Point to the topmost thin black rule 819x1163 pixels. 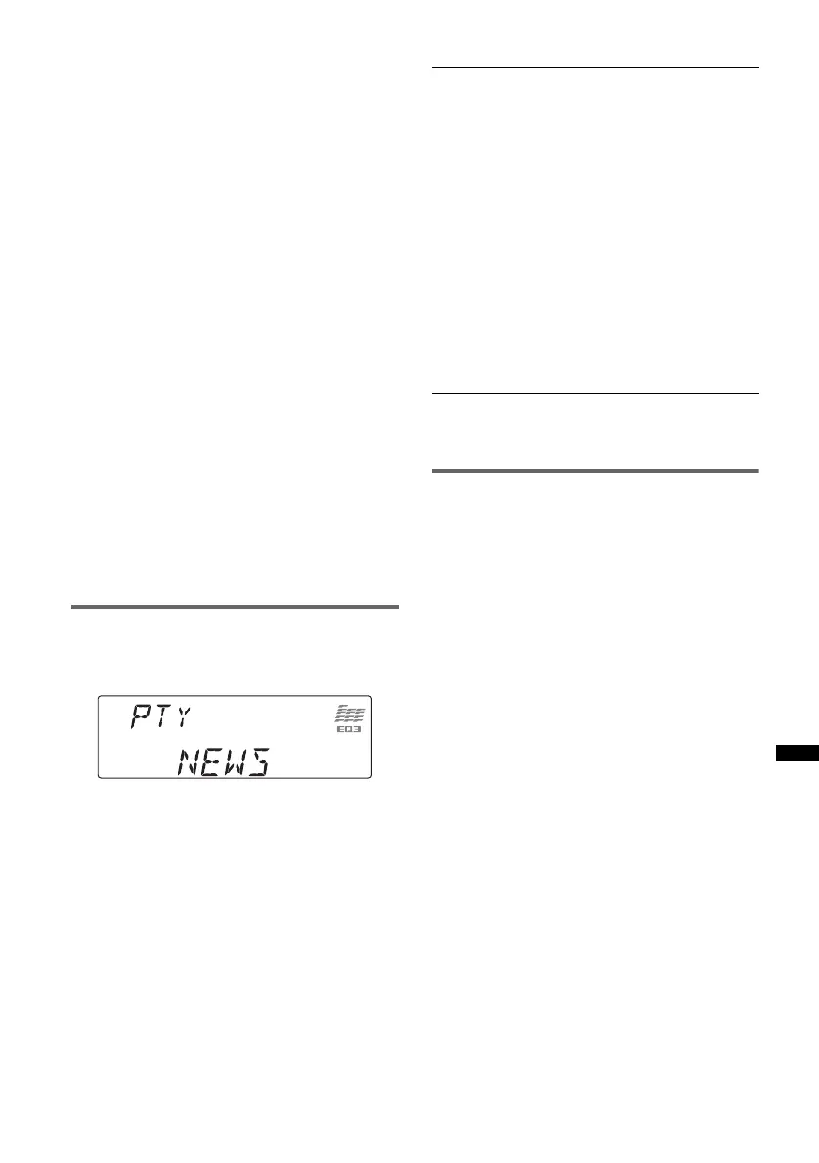[594, 68]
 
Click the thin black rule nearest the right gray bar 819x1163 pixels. [594, 394]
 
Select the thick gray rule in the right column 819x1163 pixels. [594, 471]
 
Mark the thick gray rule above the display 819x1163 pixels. [235, 607]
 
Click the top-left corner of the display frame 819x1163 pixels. [99, 696]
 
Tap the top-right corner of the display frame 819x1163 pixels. [371, 696]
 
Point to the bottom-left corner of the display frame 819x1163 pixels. [99, 777]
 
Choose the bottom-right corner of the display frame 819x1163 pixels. [371, 777]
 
